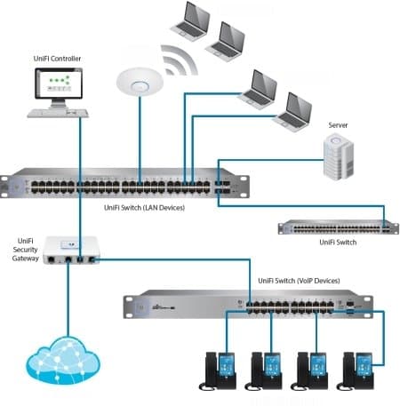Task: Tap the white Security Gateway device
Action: [72, 250]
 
